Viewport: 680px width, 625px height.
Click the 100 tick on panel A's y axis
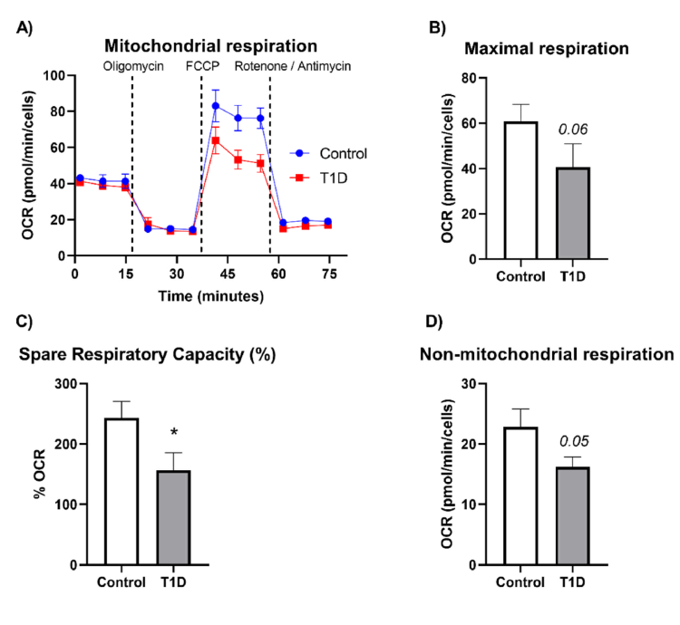click(57, 76)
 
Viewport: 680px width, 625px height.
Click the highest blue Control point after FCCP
click(216, 107)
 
